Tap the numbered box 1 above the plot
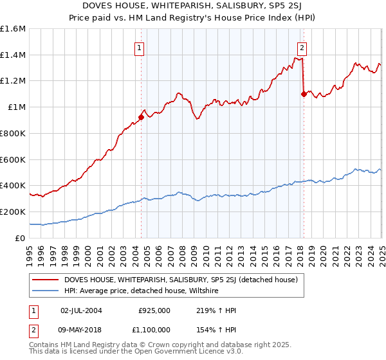point(139,47)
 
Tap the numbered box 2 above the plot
point(302,47)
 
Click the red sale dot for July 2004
point(141,117)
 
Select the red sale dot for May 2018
point(304,94)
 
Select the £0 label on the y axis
point(21,238)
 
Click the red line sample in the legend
point(46,280)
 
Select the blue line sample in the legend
point(46,291)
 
